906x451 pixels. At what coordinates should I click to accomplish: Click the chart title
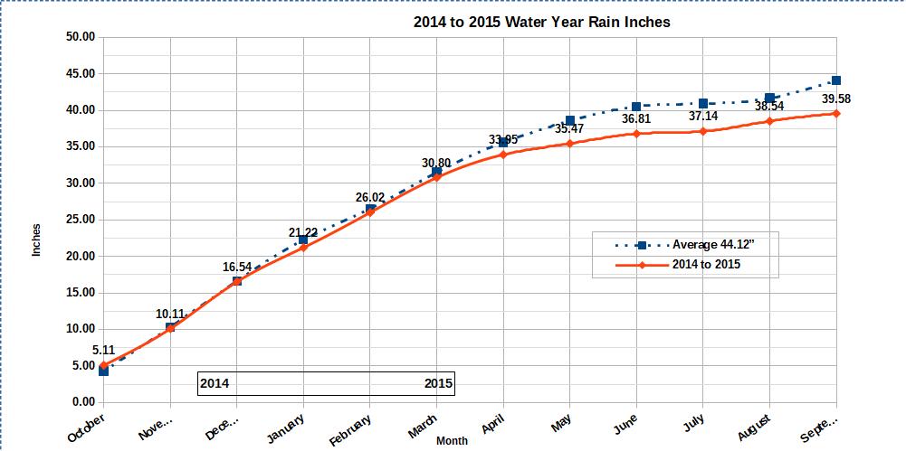click(x=541, y=22)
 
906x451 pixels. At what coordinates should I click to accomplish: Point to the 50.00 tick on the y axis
click(x=81, y=37)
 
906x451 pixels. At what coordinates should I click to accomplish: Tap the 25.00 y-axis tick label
click(x=81, y=220)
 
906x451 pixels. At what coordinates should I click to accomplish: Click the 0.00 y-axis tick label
click(x=84, y=401)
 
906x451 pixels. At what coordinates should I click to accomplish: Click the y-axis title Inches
click(x=37, y=239)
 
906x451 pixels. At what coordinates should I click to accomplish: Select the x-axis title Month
click(x=452, y=441)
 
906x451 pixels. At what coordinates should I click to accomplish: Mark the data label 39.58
click(x=836, y=99)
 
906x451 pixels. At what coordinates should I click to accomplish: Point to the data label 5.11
click(x=103, y=350)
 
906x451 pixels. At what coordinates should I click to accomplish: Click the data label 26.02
click(x=370, y=196)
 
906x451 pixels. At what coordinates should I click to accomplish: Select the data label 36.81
click(x=636, y=118)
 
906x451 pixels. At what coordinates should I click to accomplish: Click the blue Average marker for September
click(x=836, y=80)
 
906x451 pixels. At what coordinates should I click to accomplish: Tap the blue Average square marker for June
click(x=636, y=107)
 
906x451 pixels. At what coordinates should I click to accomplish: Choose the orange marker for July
click(x=703, y=131)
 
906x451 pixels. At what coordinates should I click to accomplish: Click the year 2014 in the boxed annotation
click(x=215, y=383)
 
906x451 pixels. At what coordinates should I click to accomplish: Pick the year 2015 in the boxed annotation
click(x=438, y=383)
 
